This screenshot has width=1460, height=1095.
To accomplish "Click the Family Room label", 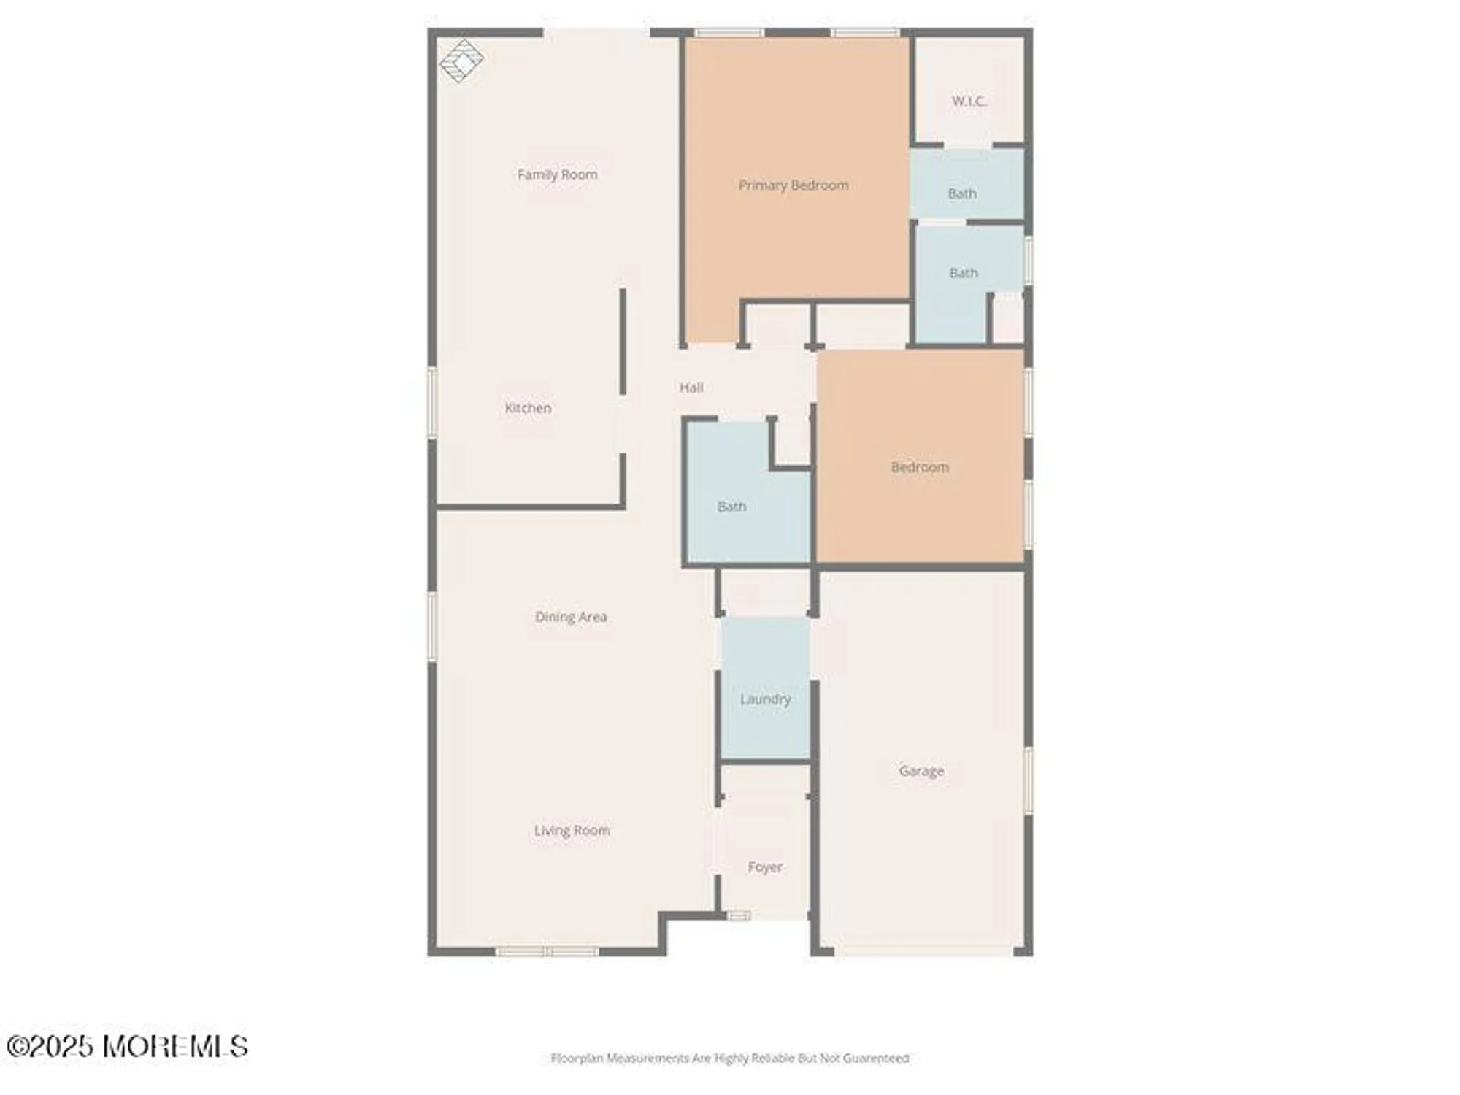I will tap(557, 174).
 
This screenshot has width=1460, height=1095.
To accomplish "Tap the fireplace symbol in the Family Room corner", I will tap(461, 61).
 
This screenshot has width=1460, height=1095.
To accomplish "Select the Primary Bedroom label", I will tap(793, 185).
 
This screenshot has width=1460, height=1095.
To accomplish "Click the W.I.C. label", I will tap(969, 101).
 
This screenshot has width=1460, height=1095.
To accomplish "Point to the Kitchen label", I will tap(528, 408).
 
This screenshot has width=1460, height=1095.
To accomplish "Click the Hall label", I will tap(691, 388).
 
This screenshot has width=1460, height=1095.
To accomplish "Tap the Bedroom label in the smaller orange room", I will tap(920, 467).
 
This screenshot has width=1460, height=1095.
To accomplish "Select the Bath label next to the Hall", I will tap(731, 507).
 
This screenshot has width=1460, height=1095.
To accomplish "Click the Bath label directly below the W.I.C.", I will tap(961, 193).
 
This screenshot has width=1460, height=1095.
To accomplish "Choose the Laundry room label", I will tap(765, 699).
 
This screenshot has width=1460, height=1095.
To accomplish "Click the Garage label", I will tap(921, 771).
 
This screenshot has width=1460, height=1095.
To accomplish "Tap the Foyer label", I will tap(764, 867).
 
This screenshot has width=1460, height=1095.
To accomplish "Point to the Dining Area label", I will tap(571, 617).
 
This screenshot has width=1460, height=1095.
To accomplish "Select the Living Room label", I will tap(572, 831).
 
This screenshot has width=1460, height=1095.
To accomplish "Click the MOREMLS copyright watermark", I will tap(128, 1047).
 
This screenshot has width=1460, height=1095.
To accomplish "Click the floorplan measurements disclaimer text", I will tap(729, 1058).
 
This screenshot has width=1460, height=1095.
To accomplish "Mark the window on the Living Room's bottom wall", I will tap(547, 952).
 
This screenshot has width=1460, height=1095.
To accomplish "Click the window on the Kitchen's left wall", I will tap(432, 403).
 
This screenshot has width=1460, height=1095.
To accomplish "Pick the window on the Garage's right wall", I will tap(1028, 780).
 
